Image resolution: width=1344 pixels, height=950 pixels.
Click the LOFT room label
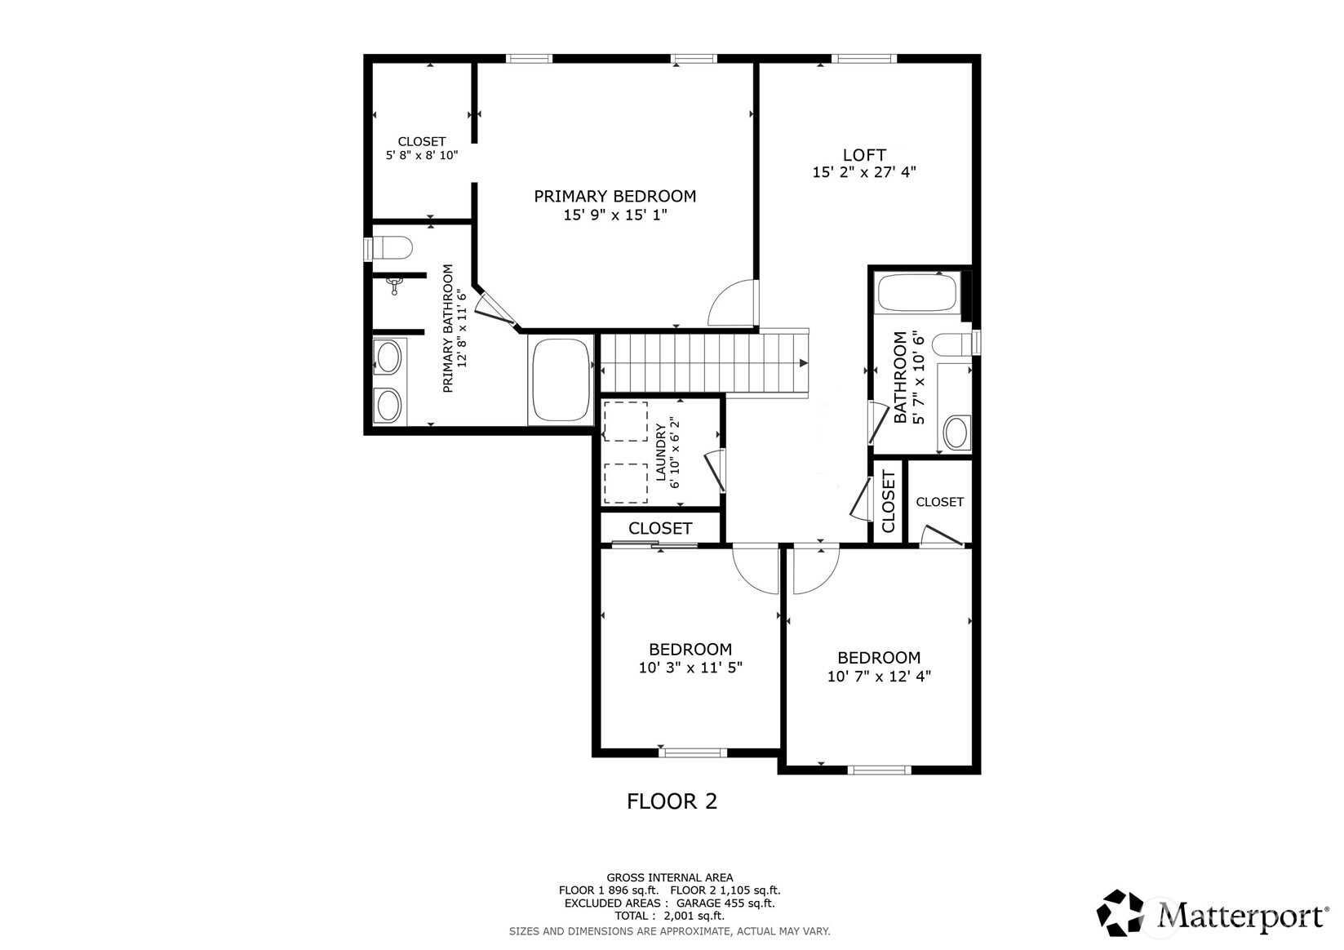pyautogui.click(x=863, y=155)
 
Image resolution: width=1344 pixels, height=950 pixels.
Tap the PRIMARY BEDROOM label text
pyautogui.click(x=614, y=197)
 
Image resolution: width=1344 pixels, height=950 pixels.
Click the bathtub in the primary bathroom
pyautogui.click(x=561, y=380)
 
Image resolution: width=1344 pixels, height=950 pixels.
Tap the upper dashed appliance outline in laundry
pyautogui.click(x=626, y=422)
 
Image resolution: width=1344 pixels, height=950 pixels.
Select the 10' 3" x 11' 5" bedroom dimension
pyautogui.click(x=690, y=668)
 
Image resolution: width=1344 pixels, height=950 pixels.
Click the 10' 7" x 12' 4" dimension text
pyautogui.click(x=879, y=677)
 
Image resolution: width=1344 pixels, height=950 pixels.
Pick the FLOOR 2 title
pyautogui.click(x=672, y=801)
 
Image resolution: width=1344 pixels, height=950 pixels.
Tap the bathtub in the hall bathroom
pyautogui.click(x=916, y=293)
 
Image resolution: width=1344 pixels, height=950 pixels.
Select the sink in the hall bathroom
pyautogui.click(x=956, y=433)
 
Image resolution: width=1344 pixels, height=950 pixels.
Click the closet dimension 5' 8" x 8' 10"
pyautogui.click(x=422, y=155)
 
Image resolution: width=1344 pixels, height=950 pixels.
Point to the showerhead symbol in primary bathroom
pyautogui.click(x=395, y=285)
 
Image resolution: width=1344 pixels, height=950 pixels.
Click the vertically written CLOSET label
pyautogui.click(x=888, y=502)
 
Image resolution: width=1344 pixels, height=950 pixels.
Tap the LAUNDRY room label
pyautogui.click(x=661, y=453)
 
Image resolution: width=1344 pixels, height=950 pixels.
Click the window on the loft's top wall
pyautogui.click(x=863, y=59)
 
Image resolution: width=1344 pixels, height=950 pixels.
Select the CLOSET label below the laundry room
pyautogui.click(x=660, y=529)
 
